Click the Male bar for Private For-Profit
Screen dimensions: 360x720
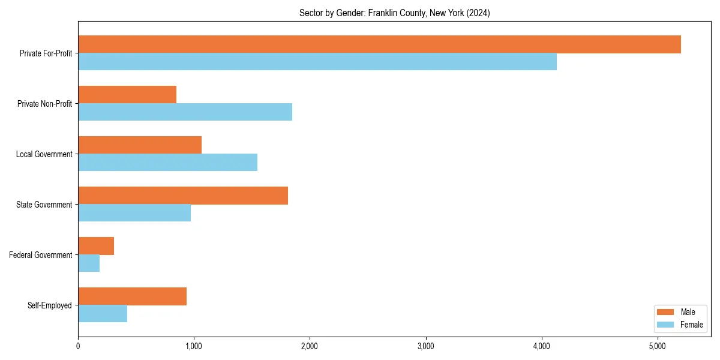[379, 44]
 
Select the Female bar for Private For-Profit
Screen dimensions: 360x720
[317, 62]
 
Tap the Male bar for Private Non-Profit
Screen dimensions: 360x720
[127, 95]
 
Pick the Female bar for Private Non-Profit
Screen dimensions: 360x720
[185, 112]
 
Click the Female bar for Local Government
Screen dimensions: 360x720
[167, 163]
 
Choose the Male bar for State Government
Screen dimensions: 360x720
[183, 196]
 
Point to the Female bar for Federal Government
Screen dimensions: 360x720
[89, 263]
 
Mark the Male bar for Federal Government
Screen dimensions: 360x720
[96, 246]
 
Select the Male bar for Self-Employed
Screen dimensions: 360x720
[132, 296]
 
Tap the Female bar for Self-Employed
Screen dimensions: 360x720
[103, 314]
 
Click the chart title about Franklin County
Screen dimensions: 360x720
[394, 13]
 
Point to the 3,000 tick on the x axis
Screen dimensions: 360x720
[425, 346]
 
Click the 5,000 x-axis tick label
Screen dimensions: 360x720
[657, 346]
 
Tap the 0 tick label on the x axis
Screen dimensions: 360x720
[78, 346]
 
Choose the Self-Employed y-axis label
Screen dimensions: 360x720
[49, 305]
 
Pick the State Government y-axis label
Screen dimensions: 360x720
[44, 205]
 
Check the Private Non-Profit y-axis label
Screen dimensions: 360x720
[44, 104]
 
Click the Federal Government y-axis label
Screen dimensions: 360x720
[41, 255]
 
